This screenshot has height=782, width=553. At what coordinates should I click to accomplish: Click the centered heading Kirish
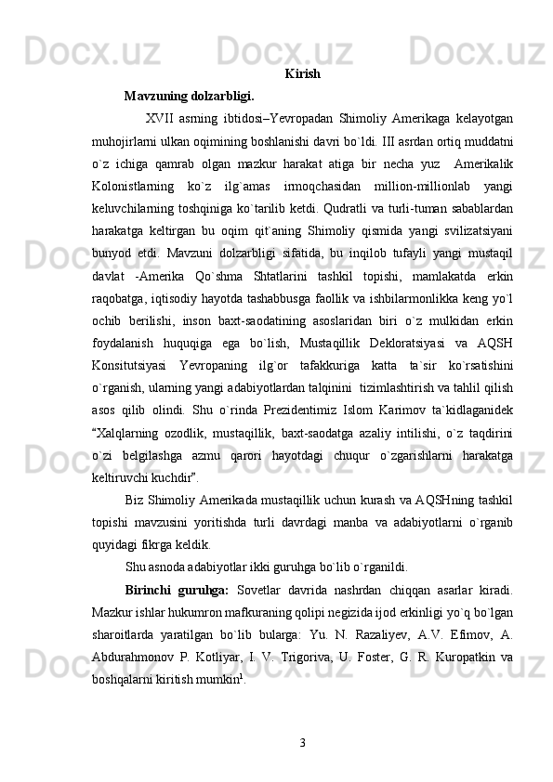point(303,73)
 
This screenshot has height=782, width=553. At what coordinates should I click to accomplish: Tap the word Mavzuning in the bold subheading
point(157,95)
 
